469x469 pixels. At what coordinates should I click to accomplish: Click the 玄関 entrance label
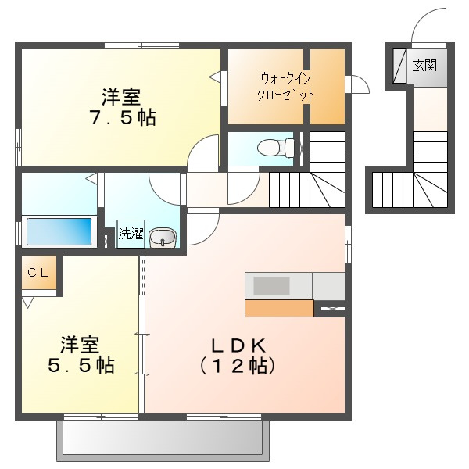pos(424,65)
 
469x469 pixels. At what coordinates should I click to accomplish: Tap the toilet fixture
pos(276,148)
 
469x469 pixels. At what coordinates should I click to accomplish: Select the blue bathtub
pos(59,231)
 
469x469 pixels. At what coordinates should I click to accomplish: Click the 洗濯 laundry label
pos(131,233)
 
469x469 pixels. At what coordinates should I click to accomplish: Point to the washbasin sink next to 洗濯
pos(163,238)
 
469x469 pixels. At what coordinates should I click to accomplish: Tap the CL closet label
pos(38,272)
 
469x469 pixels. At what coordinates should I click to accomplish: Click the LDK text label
pos(238,346)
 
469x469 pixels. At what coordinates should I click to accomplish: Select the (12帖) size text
pos(238,366)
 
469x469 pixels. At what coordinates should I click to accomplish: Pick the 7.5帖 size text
pos(124,117)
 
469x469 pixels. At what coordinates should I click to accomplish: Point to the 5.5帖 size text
pos(81,364)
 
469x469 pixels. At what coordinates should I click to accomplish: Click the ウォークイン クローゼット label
pos(285,87)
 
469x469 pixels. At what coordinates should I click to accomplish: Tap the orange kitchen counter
pos(279,308)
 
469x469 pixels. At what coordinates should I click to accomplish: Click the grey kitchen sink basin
pos(271,285)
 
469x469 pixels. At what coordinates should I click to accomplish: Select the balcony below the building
pos(163,440)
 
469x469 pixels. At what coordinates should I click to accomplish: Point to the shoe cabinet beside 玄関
pos(399,66)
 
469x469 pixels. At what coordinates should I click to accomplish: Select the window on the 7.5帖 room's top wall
pos(141,46)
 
